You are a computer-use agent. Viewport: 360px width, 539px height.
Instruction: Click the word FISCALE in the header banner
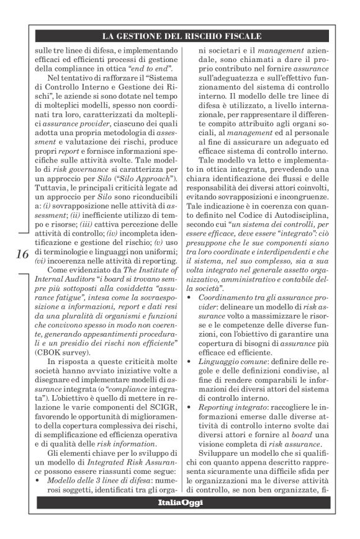click(x=238, y=36)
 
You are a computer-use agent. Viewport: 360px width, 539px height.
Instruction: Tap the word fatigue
click(x=54, y=307)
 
